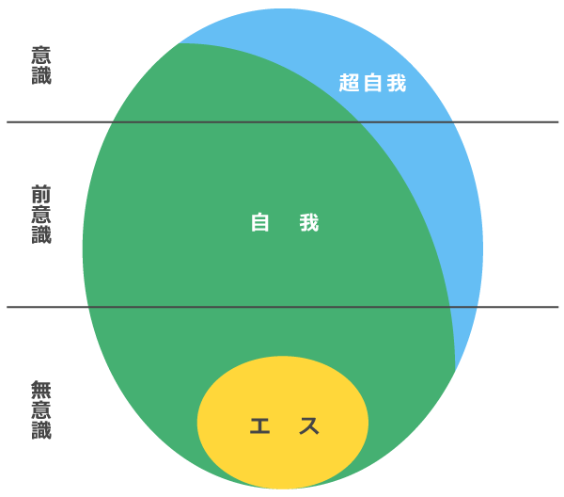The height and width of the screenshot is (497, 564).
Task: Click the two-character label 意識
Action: coord(41,65)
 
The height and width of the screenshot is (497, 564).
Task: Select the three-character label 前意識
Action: coord(41,215)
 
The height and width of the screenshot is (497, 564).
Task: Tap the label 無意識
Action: coord(41,409)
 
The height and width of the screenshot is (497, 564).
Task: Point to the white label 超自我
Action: coord(372,83)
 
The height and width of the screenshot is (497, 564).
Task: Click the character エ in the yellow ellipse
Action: coord(259,425)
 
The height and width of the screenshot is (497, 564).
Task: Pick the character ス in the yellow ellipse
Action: coord(309,425)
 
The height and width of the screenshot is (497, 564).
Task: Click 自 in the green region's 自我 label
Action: coord(259,222)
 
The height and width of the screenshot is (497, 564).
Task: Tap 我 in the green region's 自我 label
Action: coord(309,222)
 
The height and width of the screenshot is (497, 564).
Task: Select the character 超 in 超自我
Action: coord(349,83)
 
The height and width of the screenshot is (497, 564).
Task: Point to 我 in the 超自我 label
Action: coord(397,83)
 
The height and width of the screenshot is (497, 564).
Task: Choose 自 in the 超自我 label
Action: coord(372,83)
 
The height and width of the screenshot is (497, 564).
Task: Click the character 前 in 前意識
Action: coord(41,195)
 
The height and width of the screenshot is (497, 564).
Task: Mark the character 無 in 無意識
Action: coord(41,390)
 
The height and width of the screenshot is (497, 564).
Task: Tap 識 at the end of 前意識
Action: coord(41,234)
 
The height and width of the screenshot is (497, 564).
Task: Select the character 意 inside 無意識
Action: coord(41,409)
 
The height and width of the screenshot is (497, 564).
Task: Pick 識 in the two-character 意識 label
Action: coord(41,75)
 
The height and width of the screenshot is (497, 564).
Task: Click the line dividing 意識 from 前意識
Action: coord(282,122)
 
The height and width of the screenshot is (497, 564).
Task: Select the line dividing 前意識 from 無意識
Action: coord(282,307)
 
